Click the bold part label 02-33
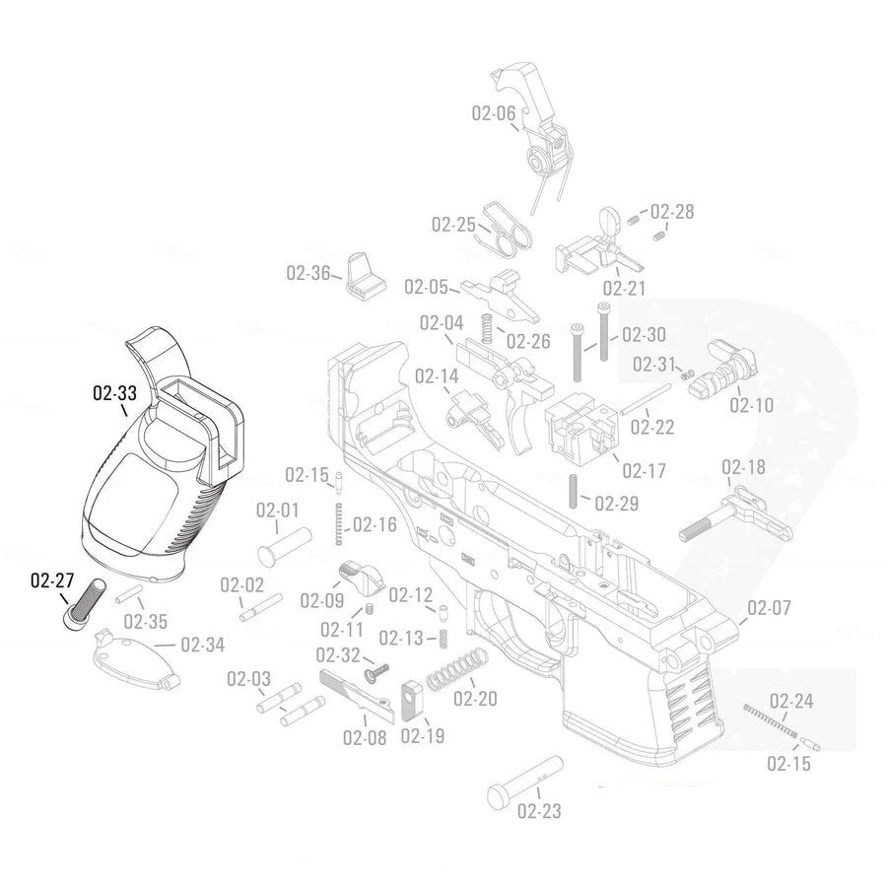[114, 393]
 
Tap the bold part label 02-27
[52, 580]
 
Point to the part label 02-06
[493, 113]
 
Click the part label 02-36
[308, 272]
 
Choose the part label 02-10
[751, 405]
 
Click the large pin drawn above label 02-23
[524, 783]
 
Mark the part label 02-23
[539, 812]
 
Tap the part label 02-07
[769, 607]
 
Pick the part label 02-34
[202, 645]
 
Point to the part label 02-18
[743, 466]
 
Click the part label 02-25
[453, 224]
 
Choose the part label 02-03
[248, 679]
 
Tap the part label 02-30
[644, 334]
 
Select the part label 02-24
[791, 702]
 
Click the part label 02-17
[645, 470]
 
